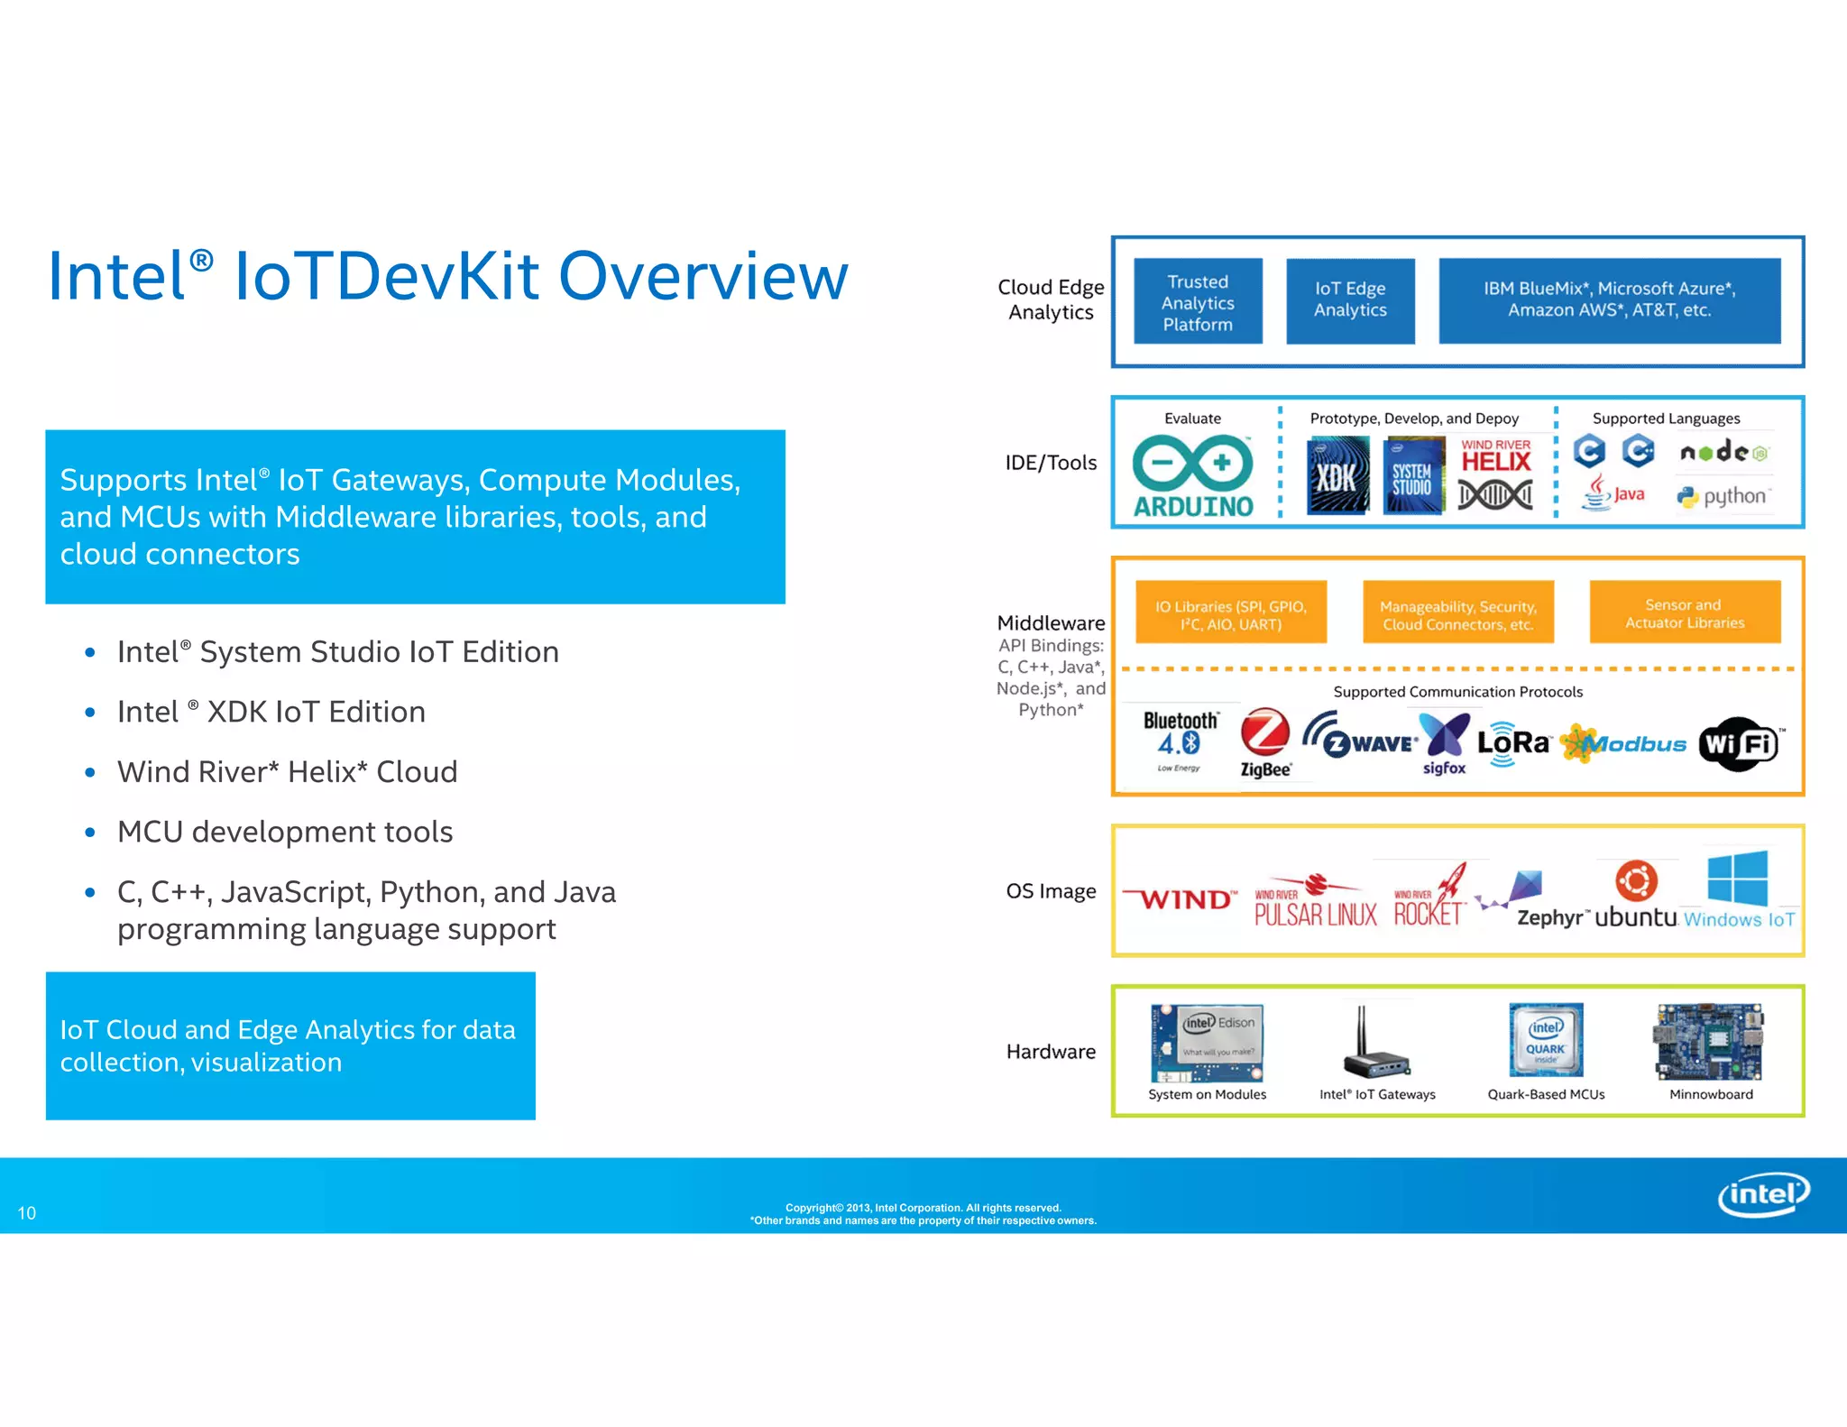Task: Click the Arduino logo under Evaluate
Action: pos(1192,476)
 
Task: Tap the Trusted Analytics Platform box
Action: pos(1198,302)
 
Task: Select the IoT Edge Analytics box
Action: pos(1350,300)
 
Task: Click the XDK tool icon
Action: pos(1337,475)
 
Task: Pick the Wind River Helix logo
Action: pos(1495,475)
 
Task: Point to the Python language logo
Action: pos(1723,496)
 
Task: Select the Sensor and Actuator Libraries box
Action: pos(1684,613)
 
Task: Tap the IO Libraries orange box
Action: pos(1230,614)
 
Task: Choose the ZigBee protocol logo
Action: pos(1265,742)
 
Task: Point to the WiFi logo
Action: pos(1740,744)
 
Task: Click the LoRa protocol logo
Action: pos(1512,743)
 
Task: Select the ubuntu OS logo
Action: pos(1636,896)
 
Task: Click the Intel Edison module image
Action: pos(1207,1043)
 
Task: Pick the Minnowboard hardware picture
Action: pos(1708,1043)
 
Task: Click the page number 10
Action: pos(27,1213)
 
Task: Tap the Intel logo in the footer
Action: pos(1762,1194)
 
